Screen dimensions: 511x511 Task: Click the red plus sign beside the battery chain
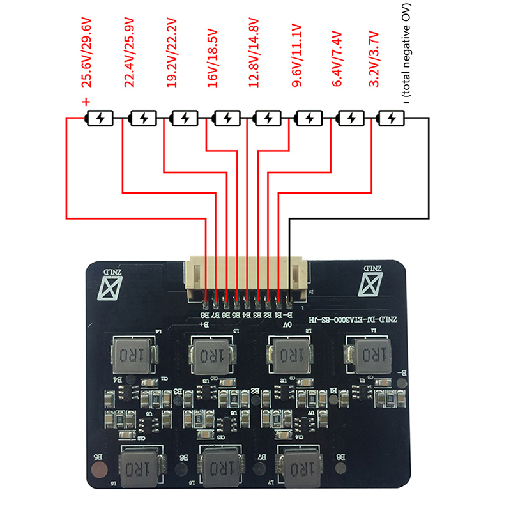point(87,101)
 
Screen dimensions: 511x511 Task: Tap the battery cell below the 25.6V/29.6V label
point(101,118)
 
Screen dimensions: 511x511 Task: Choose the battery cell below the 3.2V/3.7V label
point(391,118)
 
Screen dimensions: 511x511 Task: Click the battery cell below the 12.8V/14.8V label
point(267,118)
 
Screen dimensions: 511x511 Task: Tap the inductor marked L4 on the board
point(135,353)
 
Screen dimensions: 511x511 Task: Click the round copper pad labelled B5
point(99,472)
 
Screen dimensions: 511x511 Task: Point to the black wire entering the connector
point(291,256)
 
